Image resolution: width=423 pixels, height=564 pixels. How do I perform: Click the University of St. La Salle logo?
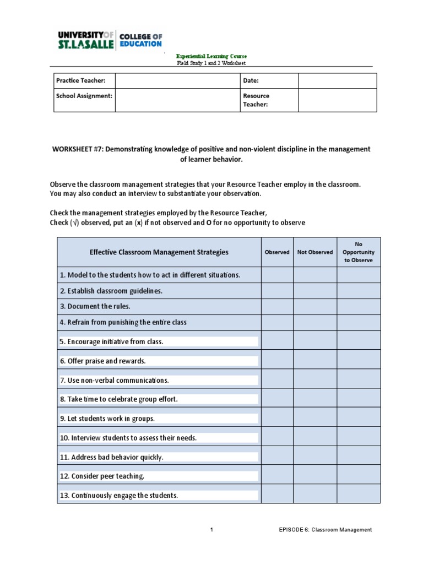110,40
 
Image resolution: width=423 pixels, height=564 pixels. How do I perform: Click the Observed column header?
277,252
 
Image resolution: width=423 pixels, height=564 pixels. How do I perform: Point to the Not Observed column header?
315,252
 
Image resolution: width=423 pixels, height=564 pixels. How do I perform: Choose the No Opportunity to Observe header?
359,252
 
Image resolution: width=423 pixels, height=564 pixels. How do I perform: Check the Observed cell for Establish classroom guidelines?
277,291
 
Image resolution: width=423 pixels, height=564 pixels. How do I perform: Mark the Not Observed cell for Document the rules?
315,306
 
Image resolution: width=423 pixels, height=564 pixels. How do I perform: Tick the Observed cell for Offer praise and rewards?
277,361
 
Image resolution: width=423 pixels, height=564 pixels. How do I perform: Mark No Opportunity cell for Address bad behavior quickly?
359,457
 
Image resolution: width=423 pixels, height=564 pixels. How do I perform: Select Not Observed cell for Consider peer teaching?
315,476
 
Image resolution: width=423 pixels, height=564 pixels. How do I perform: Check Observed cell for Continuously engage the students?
277,495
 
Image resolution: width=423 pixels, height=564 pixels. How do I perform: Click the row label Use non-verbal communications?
114,381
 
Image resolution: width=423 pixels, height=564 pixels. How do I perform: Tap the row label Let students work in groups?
107,419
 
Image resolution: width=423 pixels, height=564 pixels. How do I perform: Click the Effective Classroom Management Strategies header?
159,252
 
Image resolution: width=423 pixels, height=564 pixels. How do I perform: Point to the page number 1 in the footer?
211,530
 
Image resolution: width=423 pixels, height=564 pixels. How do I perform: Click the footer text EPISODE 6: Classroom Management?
325,530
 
